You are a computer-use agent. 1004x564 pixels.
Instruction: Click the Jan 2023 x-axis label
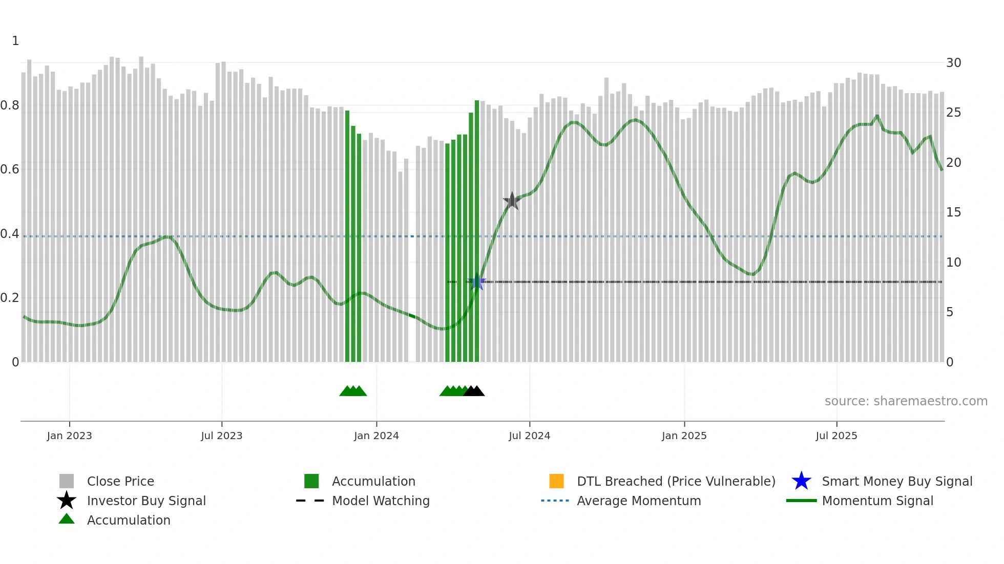coord(69,436)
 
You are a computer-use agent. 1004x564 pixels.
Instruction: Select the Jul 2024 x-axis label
coord(529,436)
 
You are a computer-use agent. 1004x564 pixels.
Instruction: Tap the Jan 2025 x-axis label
coord(684,436)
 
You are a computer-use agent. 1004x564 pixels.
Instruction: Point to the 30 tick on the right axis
coord(953,63)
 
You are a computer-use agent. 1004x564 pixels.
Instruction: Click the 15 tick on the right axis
coord(953,212)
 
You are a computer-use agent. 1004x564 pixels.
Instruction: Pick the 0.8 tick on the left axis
coord(10,105)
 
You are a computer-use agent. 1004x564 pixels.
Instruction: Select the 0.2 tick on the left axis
coord(10,298)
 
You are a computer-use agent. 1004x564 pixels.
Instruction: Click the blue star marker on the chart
coord(477,282)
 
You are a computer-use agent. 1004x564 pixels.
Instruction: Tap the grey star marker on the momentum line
coord(512,201)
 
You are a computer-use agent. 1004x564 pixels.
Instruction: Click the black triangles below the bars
coord(474,392)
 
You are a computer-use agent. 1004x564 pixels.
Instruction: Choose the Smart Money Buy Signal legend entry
coord(896,481)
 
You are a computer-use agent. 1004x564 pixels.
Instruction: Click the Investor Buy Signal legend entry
coord(146,501)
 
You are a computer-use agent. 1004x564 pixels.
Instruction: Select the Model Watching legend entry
coord(381,501)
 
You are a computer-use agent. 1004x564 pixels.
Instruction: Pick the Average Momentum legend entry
coord(638,501)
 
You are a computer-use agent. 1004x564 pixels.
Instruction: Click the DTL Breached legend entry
coord(676,481)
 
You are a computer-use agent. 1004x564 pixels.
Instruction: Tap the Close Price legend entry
coord(120,481)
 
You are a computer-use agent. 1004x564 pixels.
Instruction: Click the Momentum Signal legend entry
coord(877,501)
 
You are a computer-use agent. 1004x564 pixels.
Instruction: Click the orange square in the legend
coord(556,481)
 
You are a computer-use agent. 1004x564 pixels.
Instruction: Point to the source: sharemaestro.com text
coord(906,401)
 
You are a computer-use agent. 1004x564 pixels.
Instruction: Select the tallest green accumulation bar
coord(477,230)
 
